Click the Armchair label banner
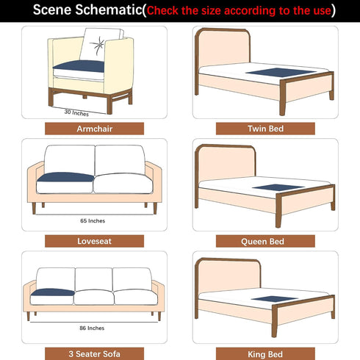94,129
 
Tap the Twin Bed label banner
265,129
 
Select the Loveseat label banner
94,241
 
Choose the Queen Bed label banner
265,241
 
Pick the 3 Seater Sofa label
94,354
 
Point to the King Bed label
265,354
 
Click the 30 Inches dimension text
76,112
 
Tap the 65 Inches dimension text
93,221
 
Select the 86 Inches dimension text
92,328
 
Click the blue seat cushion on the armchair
79,66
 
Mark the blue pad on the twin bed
281,73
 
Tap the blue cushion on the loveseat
65,177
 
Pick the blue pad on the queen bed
278,187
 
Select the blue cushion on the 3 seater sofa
53,292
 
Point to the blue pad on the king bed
275,299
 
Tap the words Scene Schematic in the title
87,10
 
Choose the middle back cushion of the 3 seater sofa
94,279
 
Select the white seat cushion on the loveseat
123,184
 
